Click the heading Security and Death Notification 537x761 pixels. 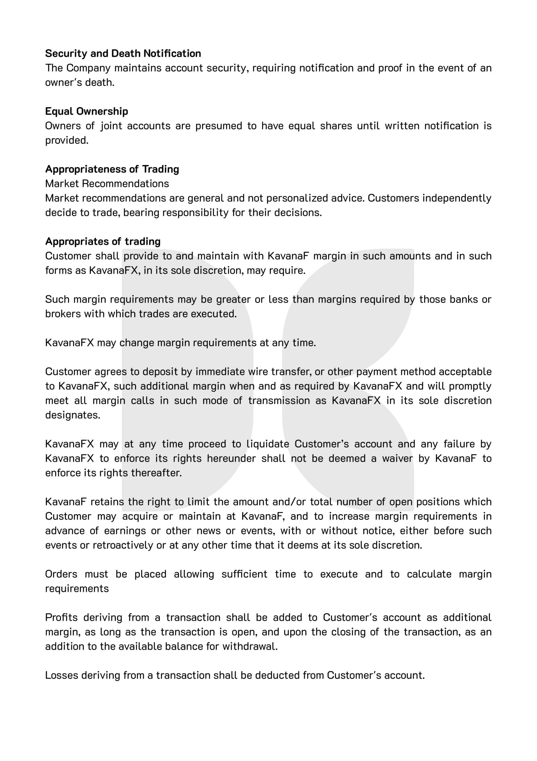point(123,54)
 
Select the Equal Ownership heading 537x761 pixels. point(86,111)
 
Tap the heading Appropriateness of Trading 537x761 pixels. point(112,169)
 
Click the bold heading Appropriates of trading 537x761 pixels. point(103,241)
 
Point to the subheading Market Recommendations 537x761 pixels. point(107,184)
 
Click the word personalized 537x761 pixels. point(297,198)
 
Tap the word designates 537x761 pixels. point(72,415)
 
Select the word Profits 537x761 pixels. point(61,617)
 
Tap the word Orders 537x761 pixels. point(61,574)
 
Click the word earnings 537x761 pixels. point(125,531)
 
